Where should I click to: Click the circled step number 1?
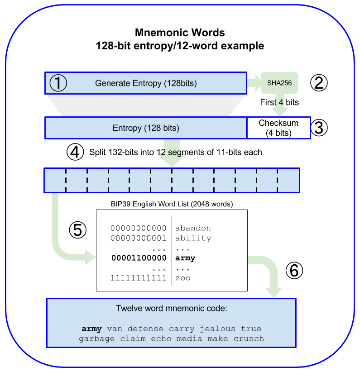pos(58,83)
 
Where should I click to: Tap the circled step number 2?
pos(318,83)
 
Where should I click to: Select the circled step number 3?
pos(318,128)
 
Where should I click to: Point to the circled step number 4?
pos(75,152)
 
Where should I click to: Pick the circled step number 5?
pos(77,230)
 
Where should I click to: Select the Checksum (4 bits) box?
pos(278,128)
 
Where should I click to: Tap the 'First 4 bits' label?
pos(279,102)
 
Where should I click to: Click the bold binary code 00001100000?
pos(139,258)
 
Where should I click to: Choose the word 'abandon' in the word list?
pos(193,228)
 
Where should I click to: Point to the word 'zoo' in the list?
pos(183,278)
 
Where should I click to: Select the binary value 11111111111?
pos(139,278)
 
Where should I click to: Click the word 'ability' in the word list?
pos(193,238)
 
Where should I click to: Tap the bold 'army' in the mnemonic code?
pos(92,329)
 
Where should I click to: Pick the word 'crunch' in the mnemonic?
pos(249,339)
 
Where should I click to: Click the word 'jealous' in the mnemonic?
pos(218,329)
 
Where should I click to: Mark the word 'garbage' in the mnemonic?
pos(96,339)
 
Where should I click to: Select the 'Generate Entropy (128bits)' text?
pos(146,83)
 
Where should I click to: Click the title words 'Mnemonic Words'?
pos(180,33)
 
